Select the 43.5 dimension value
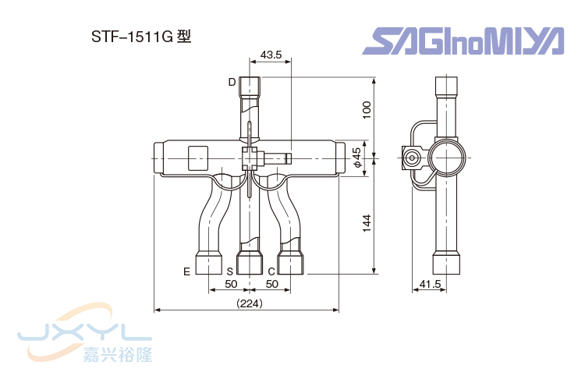pyautogui.click(x=271, y=55)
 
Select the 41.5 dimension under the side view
pyautogui.click(x=430, y=285)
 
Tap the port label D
pyautogui.click(x=232, y=82)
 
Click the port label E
pyautogui.click(x=186, y=271)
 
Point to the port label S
pyautogui.click(x=230, y=271)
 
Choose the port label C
pyautogui.click(x=271, y=271)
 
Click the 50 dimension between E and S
pyautogui.click(x=231, y=284)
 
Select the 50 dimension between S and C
pyautogui.click(x=271, y=284)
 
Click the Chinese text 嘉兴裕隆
pyautogui.click(x=117, y=356)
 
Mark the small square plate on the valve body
pyautogui.click(x=197, y=158)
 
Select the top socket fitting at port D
pyautogui.click(x=250, y=85)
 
